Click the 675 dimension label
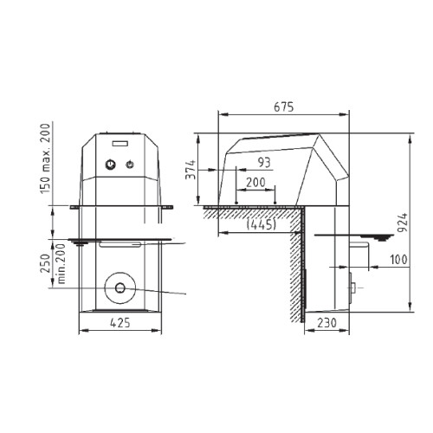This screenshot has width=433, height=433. pos(284,107)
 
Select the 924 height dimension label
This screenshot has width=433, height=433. pos(403,223)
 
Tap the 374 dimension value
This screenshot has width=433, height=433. pos(191,170)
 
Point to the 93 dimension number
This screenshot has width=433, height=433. pos(264,163)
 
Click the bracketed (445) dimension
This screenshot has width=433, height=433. pos(262,224)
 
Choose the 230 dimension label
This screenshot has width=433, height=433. pos(326,323)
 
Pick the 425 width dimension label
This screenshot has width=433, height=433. pos(120,323)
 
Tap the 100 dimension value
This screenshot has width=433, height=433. pos(398,260)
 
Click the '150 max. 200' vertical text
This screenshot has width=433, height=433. pos(45,158)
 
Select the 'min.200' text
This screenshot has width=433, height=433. pos(61,264)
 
